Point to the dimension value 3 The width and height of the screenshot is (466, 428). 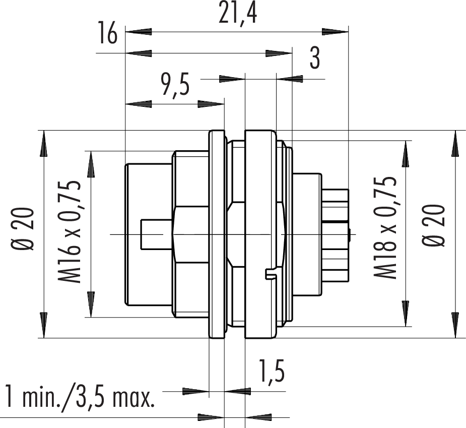(x=314, y=59)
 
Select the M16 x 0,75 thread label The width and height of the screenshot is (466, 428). (x=71, y=232)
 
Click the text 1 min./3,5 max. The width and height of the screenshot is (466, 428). (x=79, y=397)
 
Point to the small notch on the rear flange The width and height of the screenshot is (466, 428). (x=271, y=274)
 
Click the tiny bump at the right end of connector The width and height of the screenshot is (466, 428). (x=349, y=234)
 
